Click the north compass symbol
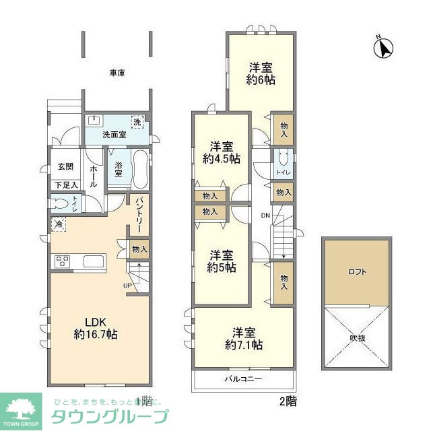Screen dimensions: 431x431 point(384,48)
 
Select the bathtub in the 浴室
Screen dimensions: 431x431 point(140,170)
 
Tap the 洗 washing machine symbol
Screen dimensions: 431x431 point(137,123)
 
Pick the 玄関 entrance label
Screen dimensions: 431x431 point(65,167)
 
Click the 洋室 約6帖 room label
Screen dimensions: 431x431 point(261,73)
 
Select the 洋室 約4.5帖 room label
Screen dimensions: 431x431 point(221,152)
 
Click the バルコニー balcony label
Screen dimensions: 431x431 point(243,379)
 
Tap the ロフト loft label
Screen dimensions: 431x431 point(357,272)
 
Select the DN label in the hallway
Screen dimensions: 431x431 point(266,215)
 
